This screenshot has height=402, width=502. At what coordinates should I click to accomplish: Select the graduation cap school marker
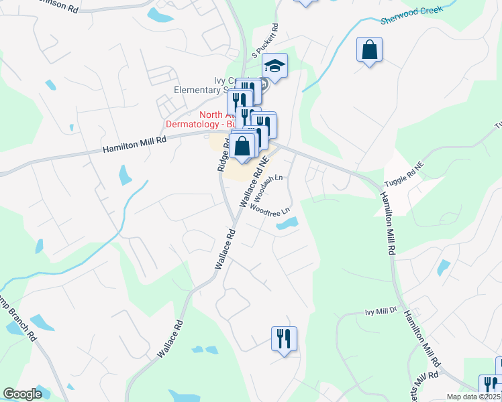(x=274, y=66)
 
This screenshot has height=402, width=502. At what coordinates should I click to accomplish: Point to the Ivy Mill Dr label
(x=381, y=312)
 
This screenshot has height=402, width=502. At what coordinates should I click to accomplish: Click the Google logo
(x=22, y=395)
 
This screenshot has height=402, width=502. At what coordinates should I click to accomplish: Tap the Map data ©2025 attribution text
(x=474, y=397)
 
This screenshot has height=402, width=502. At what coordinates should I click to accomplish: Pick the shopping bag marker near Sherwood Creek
(x=369, y=50)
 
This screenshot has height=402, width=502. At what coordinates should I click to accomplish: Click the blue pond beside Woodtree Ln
(x=287, y=224)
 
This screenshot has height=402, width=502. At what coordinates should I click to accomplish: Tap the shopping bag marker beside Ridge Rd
(x=244, y=145)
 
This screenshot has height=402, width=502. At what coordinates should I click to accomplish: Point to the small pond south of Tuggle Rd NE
(x=443, y=267)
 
